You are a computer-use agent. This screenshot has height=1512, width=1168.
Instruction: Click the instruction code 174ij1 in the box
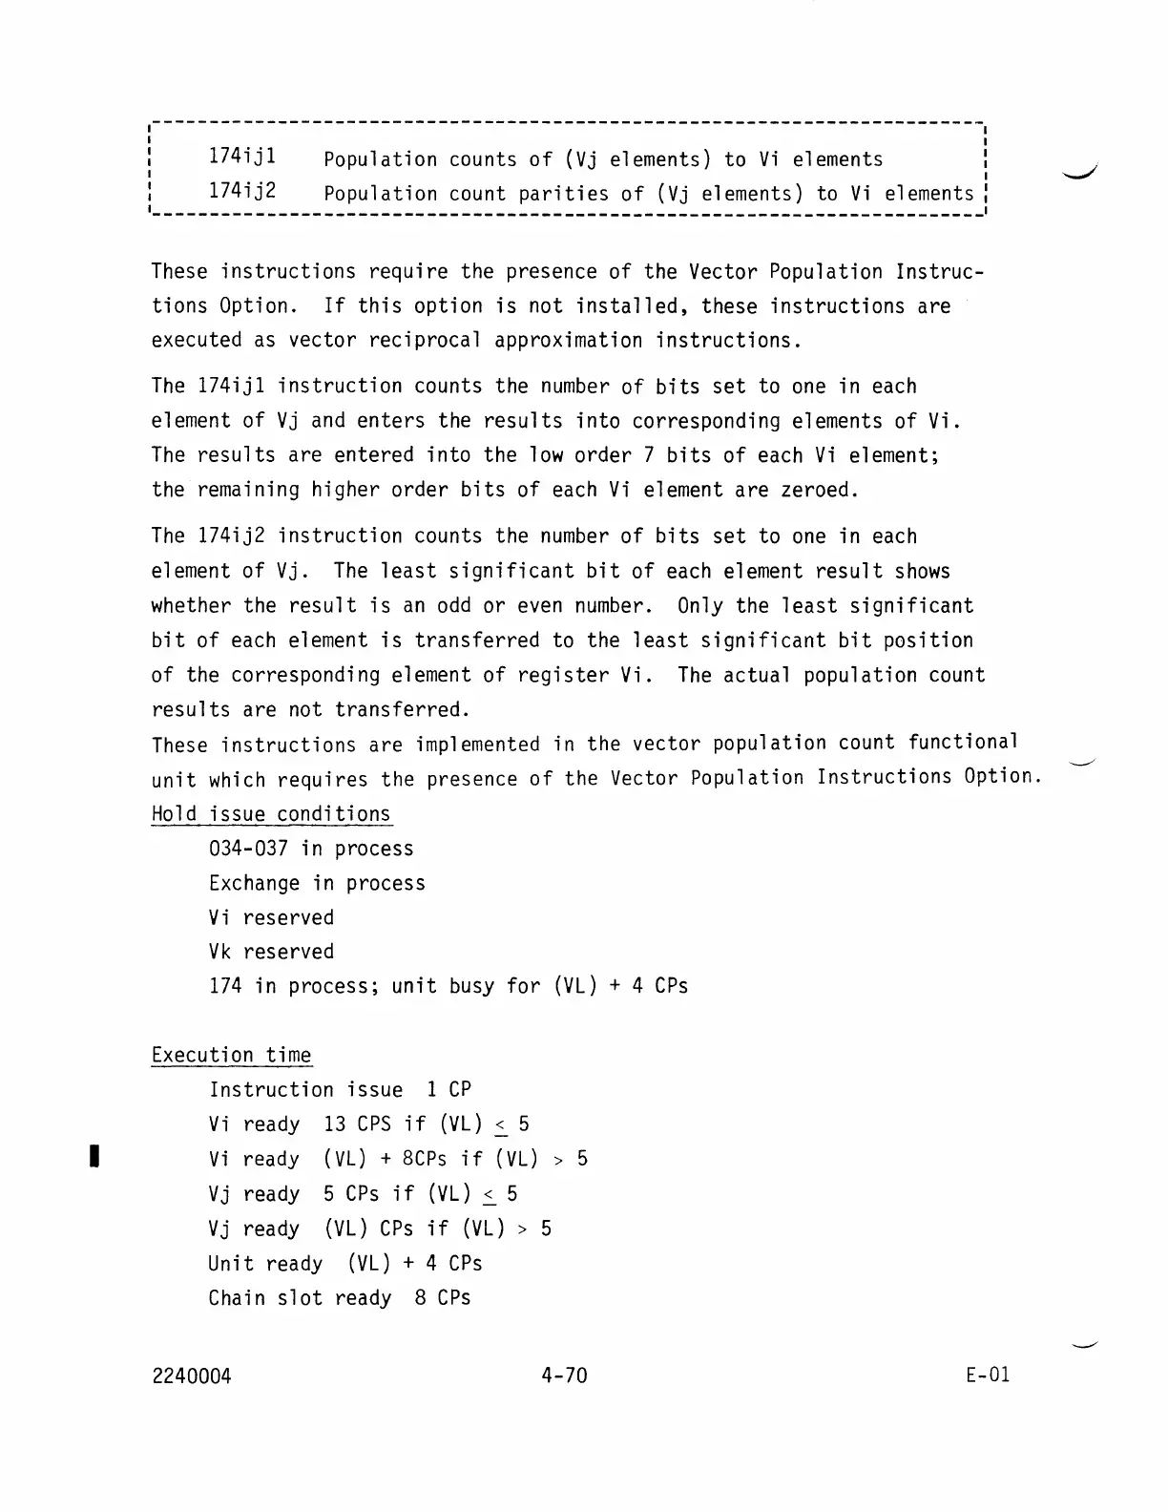tap(242, 157)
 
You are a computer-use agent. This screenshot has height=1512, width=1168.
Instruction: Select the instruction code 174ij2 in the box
tap(242, 192)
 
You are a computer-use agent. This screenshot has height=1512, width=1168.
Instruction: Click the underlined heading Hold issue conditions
tap(271, 814)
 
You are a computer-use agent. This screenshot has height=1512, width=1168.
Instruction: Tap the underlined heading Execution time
tap(231, 1055)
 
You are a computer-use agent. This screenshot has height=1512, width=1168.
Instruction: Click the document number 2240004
tap(191, 1375)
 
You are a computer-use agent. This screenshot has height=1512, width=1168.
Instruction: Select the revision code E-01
tap(987, 1375)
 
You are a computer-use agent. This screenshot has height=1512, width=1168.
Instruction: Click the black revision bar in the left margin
tap(94, 1158)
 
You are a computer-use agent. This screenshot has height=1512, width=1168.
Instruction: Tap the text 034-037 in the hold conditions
tap(248, 849)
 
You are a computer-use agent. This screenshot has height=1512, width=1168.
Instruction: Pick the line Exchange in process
tap(317, 883)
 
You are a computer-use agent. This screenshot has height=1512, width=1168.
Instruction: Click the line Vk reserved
tap(271, 952)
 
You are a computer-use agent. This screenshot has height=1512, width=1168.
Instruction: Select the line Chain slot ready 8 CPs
tap(340, 1298)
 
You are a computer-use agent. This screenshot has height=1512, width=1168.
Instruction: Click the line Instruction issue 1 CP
tap(340, 1090)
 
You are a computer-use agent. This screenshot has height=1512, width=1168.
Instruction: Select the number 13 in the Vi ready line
tap(334, 1124)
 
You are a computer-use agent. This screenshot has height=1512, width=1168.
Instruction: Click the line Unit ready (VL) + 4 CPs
tap(345, 1264)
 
